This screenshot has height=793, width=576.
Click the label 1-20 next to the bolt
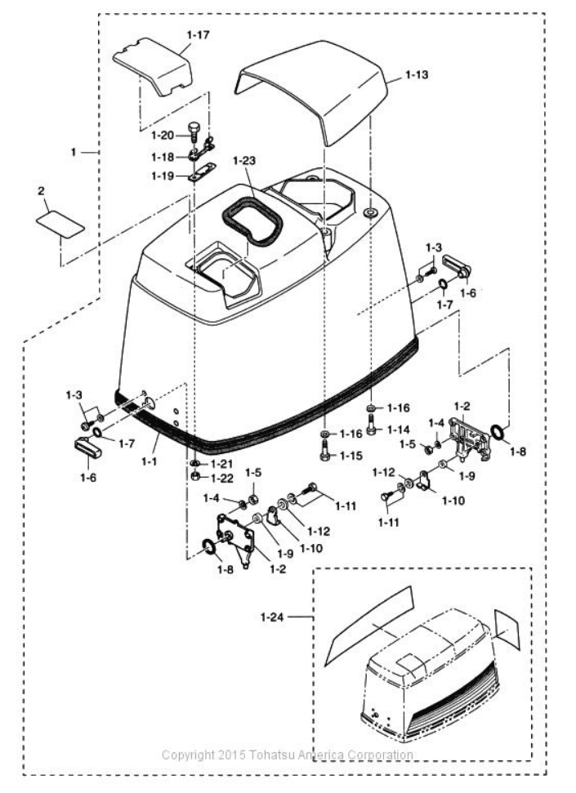click(163, 136)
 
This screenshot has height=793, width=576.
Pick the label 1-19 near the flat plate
click(163, 175)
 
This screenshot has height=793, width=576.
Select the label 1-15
click(353, 455)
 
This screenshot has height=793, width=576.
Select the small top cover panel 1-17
click(154, 69)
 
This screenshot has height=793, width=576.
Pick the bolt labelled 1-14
click(373, 425)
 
